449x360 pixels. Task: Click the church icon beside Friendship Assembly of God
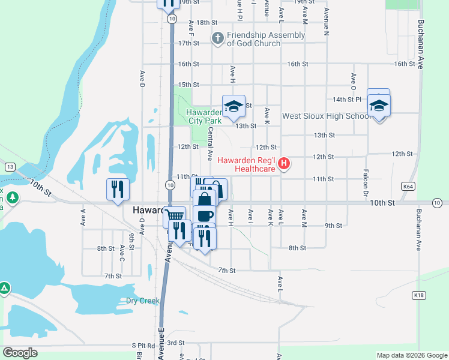coord(217,39)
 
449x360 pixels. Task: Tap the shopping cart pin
coord(175,216)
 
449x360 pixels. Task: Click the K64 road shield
coord(408,187)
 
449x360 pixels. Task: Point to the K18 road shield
coord(418,295)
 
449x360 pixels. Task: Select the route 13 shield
coord(10,166)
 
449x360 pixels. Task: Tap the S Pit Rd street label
coord(143,346)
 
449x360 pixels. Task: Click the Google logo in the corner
coord(20,353)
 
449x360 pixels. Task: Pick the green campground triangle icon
coord(5,289)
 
